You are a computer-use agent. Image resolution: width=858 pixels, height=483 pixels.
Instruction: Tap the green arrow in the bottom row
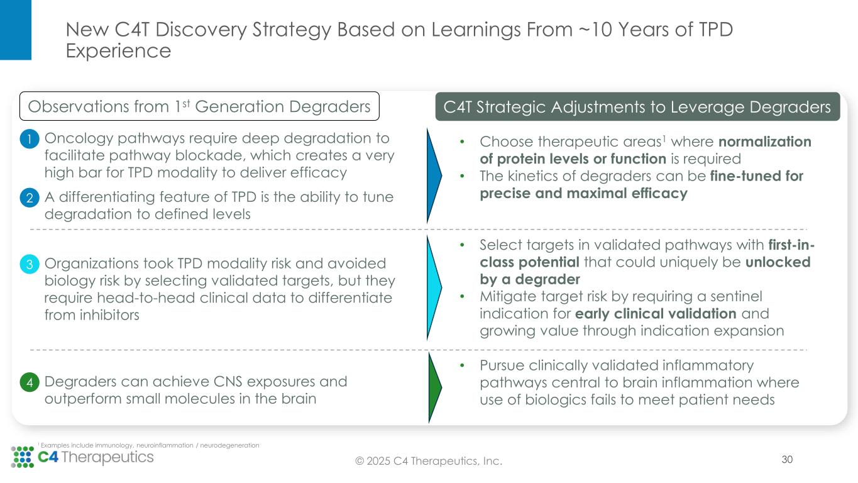(x=434, y=387)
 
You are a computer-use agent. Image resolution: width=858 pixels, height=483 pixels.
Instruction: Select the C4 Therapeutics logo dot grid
(x=23, y=457)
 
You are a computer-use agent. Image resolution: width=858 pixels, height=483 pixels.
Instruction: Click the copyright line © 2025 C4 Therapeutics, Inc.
(x=429, y=462)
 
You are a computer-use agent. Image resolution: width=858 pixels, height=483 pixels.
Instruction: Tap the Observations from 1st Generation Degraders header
(x=200, y=107)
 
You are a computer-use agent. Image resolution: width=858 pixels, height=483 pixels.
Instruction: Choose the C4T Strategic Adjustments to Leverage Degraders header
(x=637, y=107)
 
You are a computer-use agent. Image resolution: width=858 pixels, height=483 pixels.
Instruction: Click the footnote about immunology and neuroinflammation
(x=150, y=445)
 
